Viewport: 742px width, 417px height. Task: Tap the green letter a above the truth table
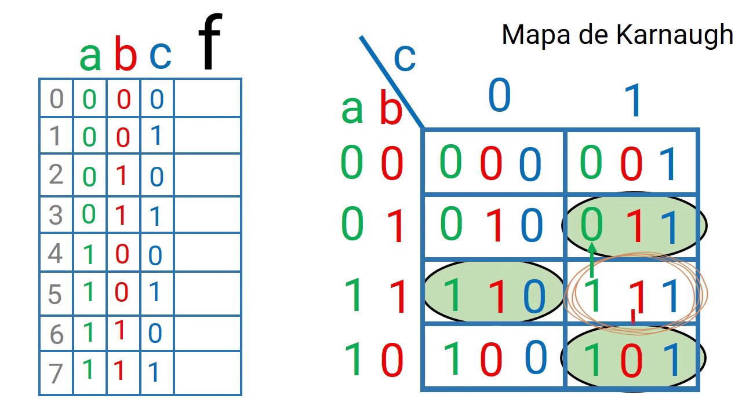[90, 57]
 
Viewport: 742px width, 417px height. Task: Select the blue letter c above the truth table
[161, 56]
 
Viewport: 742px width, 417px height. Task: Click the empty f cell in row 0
[208, 98]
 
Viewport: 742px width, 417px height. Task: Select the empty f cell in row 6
[208, 333]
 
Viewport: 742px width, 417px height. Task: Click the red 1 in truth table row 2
[122, 175]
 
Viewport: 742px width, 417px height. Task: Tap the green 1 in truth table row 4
[89, 255]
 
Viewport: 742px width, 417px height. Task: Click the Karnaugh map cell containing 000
[493, 162]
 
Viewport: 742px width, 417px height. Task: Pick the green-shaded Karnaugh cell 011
[634, 225]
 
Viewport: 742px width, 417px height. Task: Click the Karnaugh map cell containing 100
[493, 357]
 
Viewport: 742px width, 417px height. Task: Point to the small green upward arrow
[592, 260]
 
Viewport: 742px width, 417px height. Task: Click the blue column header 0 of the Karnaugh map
[500, 94]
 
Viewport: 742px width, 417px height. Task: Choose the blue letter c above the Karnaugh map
[405, 58]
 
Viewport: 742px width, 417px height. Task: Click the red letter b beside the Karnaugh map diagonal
[391, 107]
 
